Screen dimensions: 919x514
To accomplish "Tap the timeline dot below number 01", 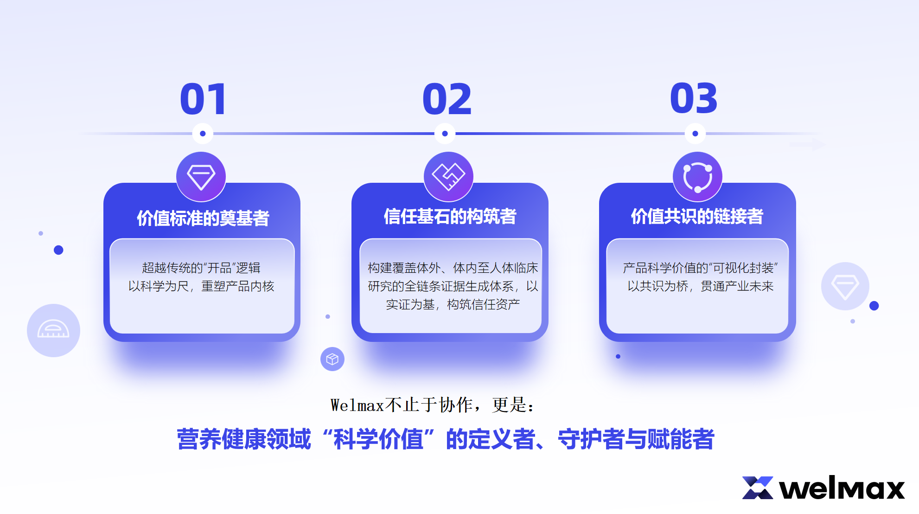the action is pyautogui.click(x=203, y=134).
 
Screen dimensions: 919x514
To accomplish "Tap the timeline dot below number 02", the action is pyautogui.click(x=445, y=134).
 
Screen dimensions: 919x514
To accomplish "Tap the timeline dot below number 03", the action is pyautogui.click(x=695, y=134).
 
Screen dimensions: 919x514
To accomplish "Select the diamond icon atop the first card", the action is pyautogui.click(x=201, y=177).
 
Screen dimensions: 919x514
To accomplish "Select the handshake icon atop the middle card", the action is pyautogui.click(x=448, y=177).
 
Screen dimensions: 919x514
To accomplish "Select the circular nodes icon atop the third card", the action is pyautogui.click(x=697, y=177).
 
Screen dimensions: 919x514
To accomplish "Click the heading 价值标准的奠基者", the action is pyautogui.click(x=203, y=218).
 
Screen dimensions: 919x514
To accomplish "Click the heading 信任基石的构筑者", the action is pyautogui.click(x=450, y=216).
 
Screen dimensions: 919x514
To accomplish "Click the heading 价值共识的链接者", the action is pyautogui.click(x=697, y=216).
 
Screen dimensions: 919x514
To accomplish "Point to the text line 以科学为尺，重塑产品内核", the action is pyautogui.click(x=201, y=286).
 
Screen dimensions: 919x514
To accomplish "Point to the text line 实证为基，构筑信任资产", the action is pyautogui.click(x=453, y=304).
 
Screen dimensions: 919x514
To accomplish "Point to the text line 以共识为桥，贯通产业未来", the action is pyautogui.click(x=700, y=286).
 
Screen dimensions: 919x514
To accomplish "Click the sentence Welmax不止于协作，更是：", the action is pyautogui.click(x=433, y=405).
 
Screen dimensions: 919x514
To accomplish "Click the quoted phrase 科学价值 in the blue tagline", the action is pyautogui.click(x=378, y=439).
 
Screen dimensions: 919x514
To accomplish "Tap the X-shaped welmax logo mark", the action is pyautogui.click(x=758, y=488).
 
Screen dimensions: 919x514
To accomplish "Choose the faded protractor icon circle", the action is pyautogui.click(x=53, y=330).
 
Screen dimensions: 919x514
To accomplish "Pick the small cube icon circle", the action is pyautogui.click(x=332, y=359).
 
